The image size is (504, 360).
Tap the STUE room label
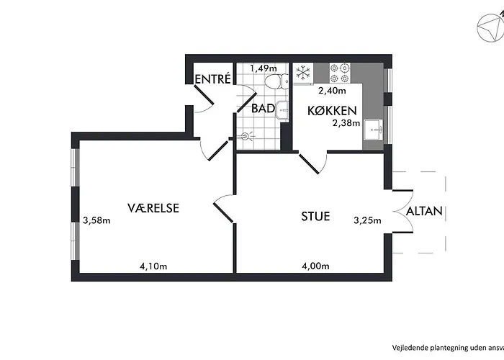pyautogui.click(x=315, y=215)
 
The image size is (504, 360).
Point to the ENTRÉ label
pyautogui.click(x=212, y=79)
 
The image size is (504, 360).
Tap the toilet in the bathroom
pyautogui.click(x=271, y=81)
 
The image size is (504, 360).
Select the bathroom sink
pyautogui.click(x=283, y=111)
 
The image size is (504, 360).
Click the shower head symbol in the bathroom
pyautogui.click(x=247, y=135)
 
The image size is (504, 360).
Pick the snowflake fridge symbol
pyautogui.click(x=302, y=73)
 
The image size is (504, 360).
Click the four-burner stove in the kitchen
pyautogui.click(x=340, y=73)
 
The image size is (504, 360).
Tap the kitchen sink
pyautogui.click(x=373, y=130)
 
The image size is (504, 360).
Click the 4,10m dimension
pyautogui.click(x=153, y=266)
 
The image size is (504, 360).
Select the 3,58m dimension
pyautogui.click(x=96, y=220)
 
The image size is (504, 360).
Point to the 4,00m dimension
pyautogui.click(x=315, y=266)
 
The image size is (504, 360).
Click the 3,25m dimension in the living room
pyautogui.click(x=366, y=220)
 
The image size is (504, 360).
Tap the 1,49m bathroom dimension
pyautogui.click(x=263, y=68)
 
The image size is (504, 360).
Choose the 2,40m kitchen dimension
pyautogui.click(x=332, y=91)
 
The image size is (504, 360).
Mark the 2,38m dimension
pyautogui.click(x=345, y=122)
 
